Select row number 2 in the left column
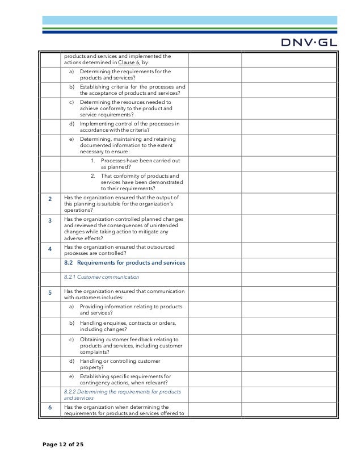click(50, 199)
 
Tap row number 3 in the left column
click(50, 222)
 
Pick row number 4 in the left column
click(50, 248)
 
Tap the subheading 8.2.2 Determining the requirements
click(122, 392)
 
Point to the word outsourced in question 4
click(160, 247)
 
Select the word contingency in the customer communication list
click(95, 383)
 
